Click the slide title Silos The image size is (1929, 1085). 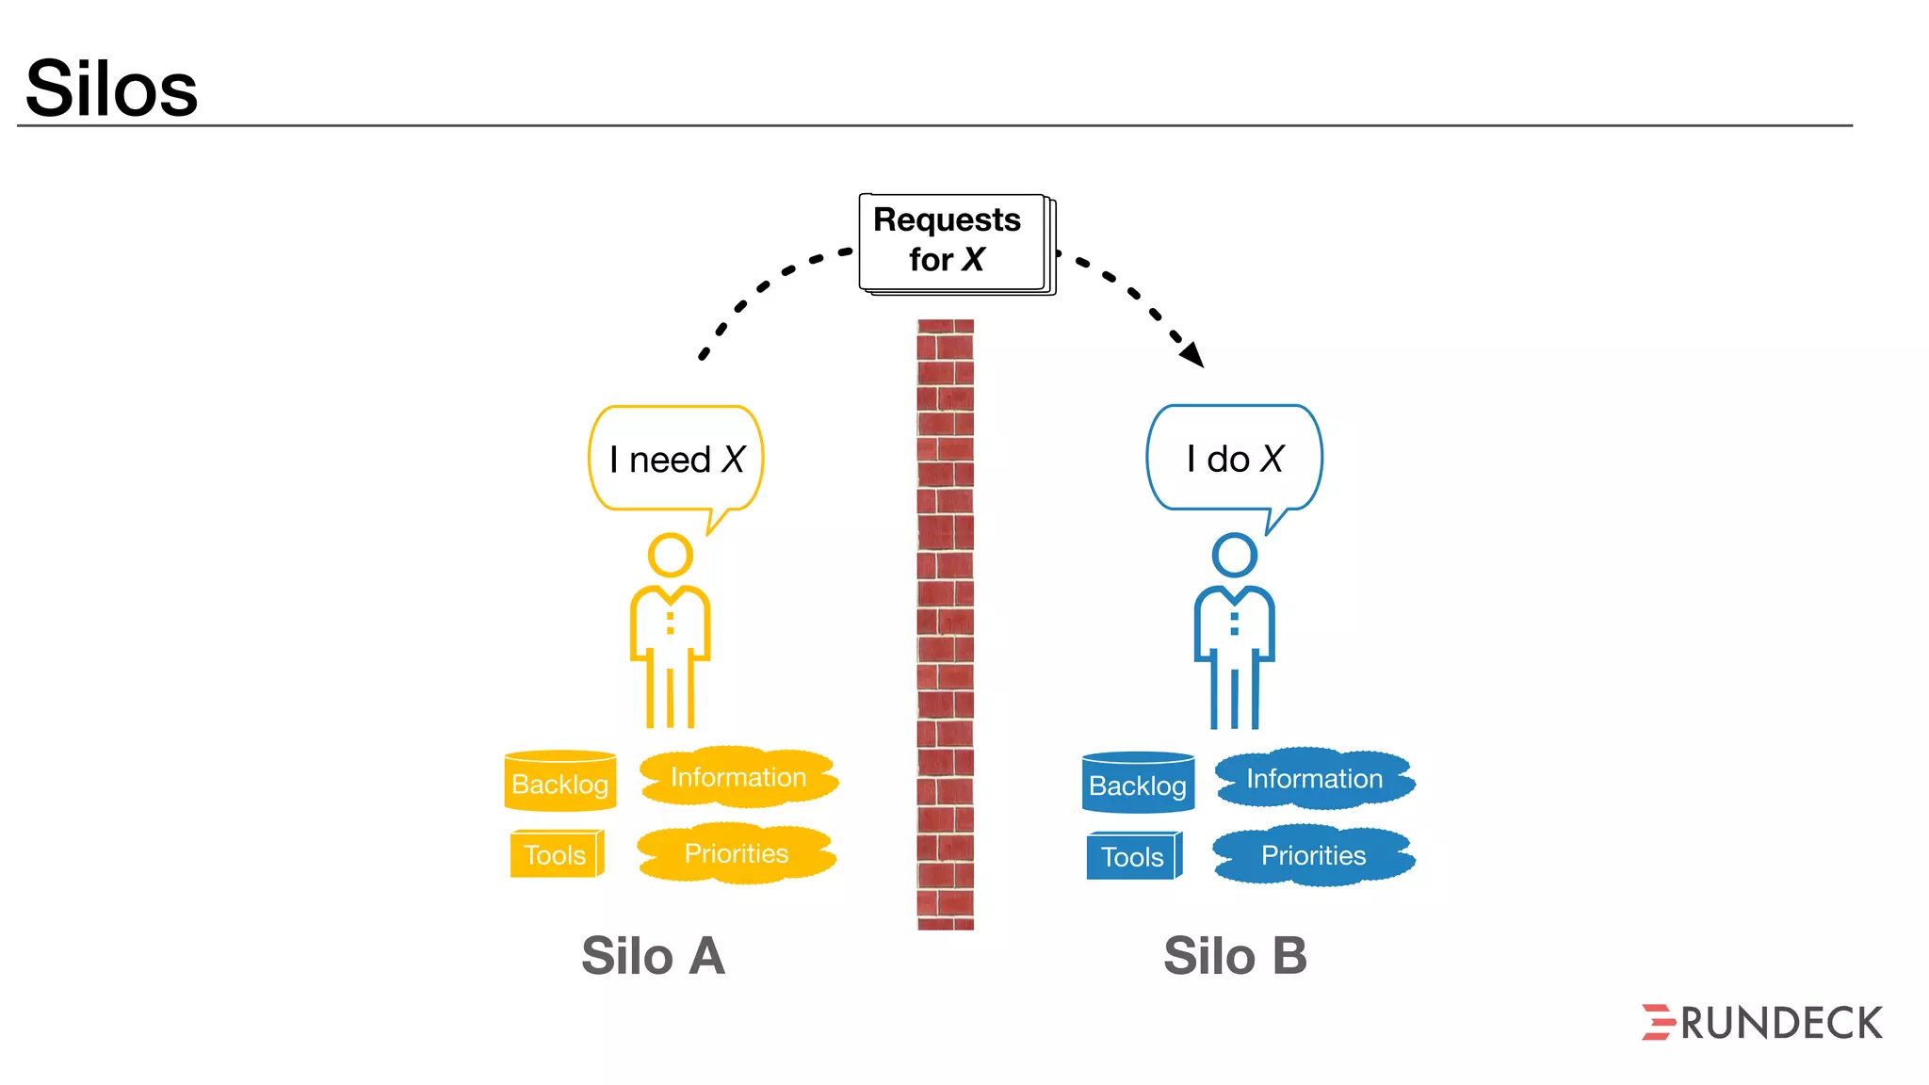coord(111,89)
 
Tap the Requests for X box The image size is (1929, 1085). coord(953,242)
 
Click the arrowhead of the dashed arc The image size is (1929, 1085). coord(1193,355)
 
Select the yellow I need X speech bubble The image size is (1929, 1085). coord(675,460)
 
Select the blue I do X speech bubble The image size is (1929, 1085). coord(1234,459)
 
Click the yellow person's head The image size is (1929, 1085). coord(671,555)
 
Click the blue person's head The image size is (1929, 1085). coord(1234,555)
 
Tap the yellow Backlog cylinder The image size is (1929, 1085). coord(560,782)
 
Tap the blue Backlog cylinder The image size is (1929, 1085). coord(1138,784)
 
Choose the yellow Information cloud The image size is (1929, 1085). coord(738,778)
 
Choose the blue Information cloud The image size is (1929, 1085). coord(1315,779)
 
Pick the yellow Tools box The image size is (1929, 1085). coord(556,854)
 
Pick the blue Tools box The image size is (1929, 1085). coord(1133,856)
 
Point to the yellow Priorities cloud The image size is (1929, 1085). coord(737,854)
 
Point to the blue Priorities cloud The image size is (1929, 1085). coord(1314,855)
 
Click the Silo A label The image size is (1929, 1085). coord(653,956)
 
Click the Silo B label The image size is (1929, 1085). coord(1235,956)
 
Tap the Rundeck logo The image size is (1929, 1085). coord(1761,1023)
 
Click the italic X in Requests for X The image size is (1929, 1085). coord(973,259)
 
